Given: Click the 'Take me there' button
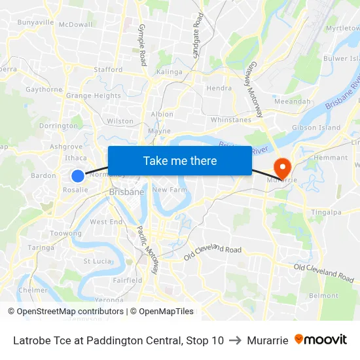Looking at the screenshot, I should (x=179, y=160).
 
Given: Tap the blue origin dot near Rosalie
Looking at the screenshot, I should (x=78, y=175).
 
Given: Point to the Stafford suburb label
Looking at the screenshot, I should (x=108, y=69).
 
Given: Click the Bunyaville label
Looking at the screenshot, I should (x=35, y=22).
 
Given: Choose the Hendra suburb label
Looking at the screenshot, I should (x=219, y=88).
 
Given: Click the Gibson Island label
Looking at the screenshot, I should (x=316, y=127).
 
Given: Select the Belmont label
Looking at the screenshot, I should (x=323, y=296).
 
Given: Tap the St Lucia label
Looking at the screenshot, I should (x=97, y=261).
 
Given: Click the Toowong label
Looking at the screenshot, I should (x=66, y=233).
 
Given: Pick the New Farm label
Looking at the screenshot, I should (x=166, y=189).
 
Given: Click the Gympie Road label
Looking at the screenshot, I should (x=142, y=45).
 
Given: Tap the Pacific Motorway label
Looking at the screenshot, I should (x=148, y=249).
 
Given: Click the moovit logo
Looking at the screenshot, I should (x=321, y=340).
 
